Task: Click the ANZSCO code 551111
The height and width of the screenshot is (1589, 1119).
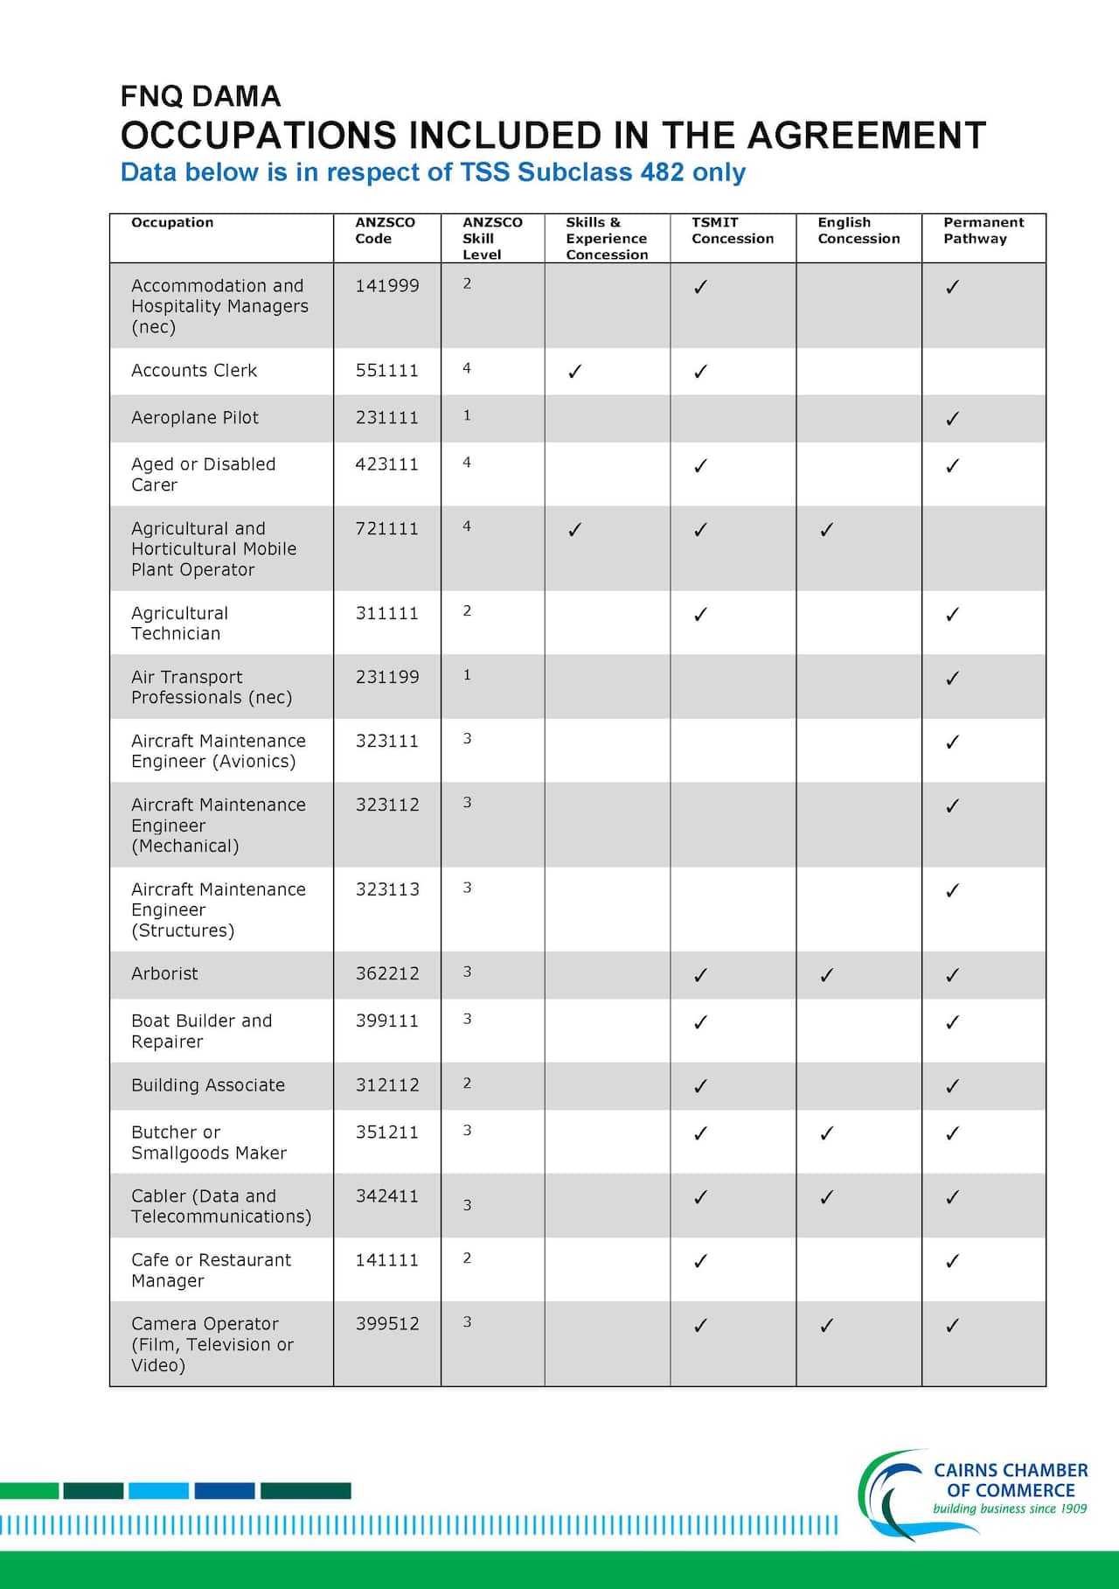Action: point(386,371)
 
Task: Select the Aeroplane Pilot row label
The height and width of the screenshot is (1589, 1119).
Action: point(195,418)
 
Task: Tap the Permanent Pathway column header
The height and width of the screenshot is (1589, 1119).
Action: point(983,231)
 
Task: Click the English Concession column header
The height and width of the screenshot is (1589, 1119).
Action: point(858,231)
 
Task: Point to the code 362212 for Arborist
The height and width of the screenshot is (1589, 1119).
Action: point(386,974)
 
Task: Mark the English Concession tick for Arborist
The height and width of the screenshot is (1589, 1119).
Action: point(826,975)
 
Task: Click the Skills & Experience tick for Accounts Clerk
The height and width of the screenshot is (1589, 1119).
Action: point(574,372)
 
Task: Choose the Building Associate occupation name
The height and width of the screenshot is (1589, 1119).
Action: point(208,1085)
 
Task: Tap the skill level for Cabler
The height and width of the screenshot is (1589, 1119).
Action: point(467,1205)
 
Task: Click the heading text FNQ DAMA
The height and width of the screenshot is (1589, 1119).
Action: point(200,96)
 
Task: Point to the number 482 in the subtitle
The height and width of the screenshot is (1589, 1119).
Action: point(662,172)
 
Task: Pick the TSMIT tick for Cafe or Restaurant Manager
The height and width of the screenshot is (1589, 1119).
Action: point(700,1261)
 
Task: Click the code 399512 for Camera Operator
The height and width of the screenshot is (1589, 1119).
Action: point(386,1324)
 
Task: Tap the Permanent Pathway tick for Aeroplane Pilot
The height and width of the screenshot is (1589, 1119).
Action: point(952,419)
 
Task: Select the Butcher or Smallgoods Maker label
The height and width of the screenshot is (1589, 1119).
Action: point(209,1142)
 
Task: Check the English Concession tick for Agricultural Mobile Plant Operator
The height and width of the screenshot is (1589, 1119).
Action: point(826,530)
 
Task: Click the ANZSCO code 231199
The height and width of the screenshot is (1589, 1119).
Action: point(386,678)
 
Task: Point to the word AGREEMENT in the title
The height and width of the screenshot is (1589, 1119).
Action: point(866,136)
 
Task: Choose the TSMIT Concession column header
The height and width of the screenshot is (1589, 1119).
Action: point(732,231)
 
